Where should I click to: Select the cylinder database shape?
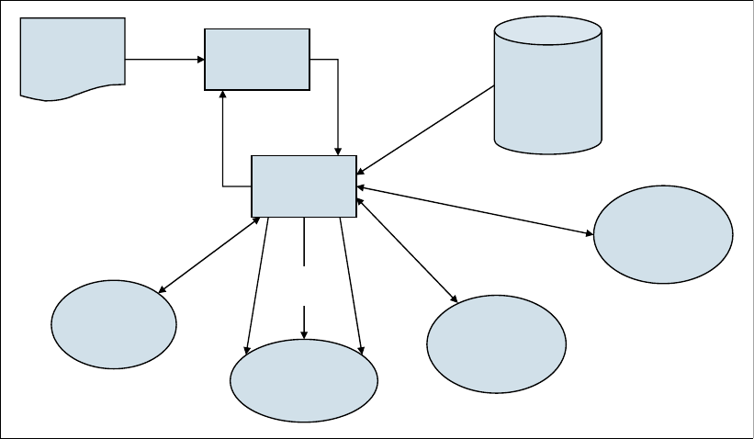click(x=547, y=87)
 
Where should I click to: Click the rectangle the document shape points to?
click(x=257, y=59)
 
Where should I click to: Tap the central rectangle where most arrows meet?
click(x=304, y=186)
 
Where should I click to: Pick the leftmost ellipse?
click(x=114, y=323)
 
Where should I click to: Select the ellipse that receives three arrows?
click(x=303, y=381)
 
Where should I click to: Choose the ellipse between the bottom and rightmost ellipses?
click(x=496, y=344)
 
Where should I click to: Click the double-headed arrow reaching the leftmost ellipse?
click(x=209, y=255)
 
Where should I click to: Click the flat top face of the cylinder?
click(x=547, y=31)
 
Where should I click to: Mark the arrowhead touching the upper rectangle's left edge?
click(x=199, y=60)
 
